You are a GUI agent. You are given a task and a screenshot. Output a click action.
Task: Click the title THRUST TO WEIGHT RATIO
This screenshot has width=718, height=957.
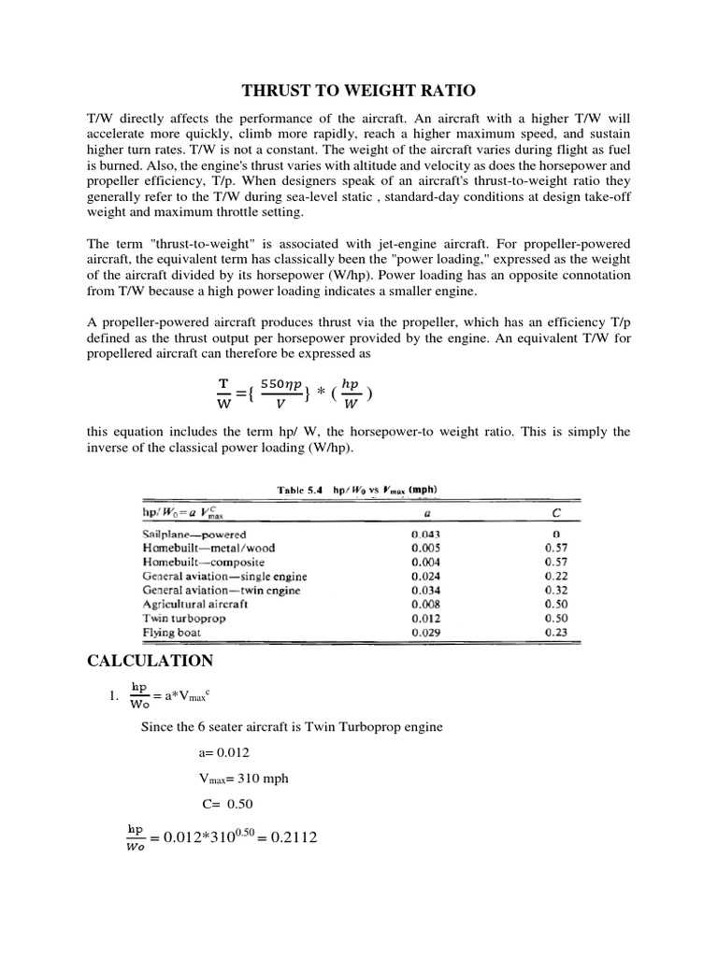[359, 91]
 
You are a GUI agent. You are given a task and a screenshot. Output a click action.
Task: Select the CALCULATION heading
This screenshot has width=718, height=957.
[150, 662]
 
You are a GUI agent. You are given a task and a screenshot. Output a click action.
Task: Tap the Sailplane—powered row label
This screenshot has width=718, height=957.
[194, 534]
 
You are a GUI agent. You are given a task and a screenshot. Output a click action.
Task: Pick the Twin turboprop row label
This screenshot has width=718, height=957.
[180, 618]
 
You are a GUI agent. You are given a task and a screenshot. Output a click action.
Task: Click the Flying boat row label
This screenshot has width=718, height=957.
[171, 633]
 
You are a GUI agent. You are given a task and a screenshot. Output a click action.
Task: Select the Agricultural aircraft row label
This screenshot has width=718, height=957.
[194, 604]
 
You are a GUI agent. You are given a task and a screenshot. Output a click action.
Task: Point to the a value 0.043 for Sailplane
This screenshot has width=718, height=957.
[426, 534]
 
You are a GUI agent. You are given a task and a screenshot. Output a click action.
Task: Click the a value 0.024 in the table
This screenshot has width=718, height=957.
[426, 576]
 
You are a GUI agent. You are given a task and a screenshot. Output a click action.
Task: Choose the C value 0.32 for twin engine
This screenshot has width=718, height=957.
[555, 590]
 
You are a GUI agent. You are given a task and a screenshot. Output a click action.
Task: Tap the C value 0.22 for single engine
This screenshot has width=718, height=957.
[555, 576]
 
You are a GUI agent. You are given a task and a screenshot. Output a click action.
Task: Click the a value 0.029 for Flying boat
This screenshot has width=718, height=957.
[426, 633]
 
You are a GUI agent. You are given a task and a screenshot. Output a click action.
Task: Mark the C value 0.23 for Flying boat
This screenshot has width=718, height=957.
[555, 633]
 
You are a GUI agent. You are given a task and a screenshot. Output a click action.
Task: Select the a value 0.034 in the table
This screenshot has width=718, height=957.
[426, 590]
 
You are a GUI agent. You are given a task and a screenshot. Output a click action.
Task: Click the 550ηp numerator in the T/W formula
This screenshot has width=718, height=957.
[280, 384]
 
